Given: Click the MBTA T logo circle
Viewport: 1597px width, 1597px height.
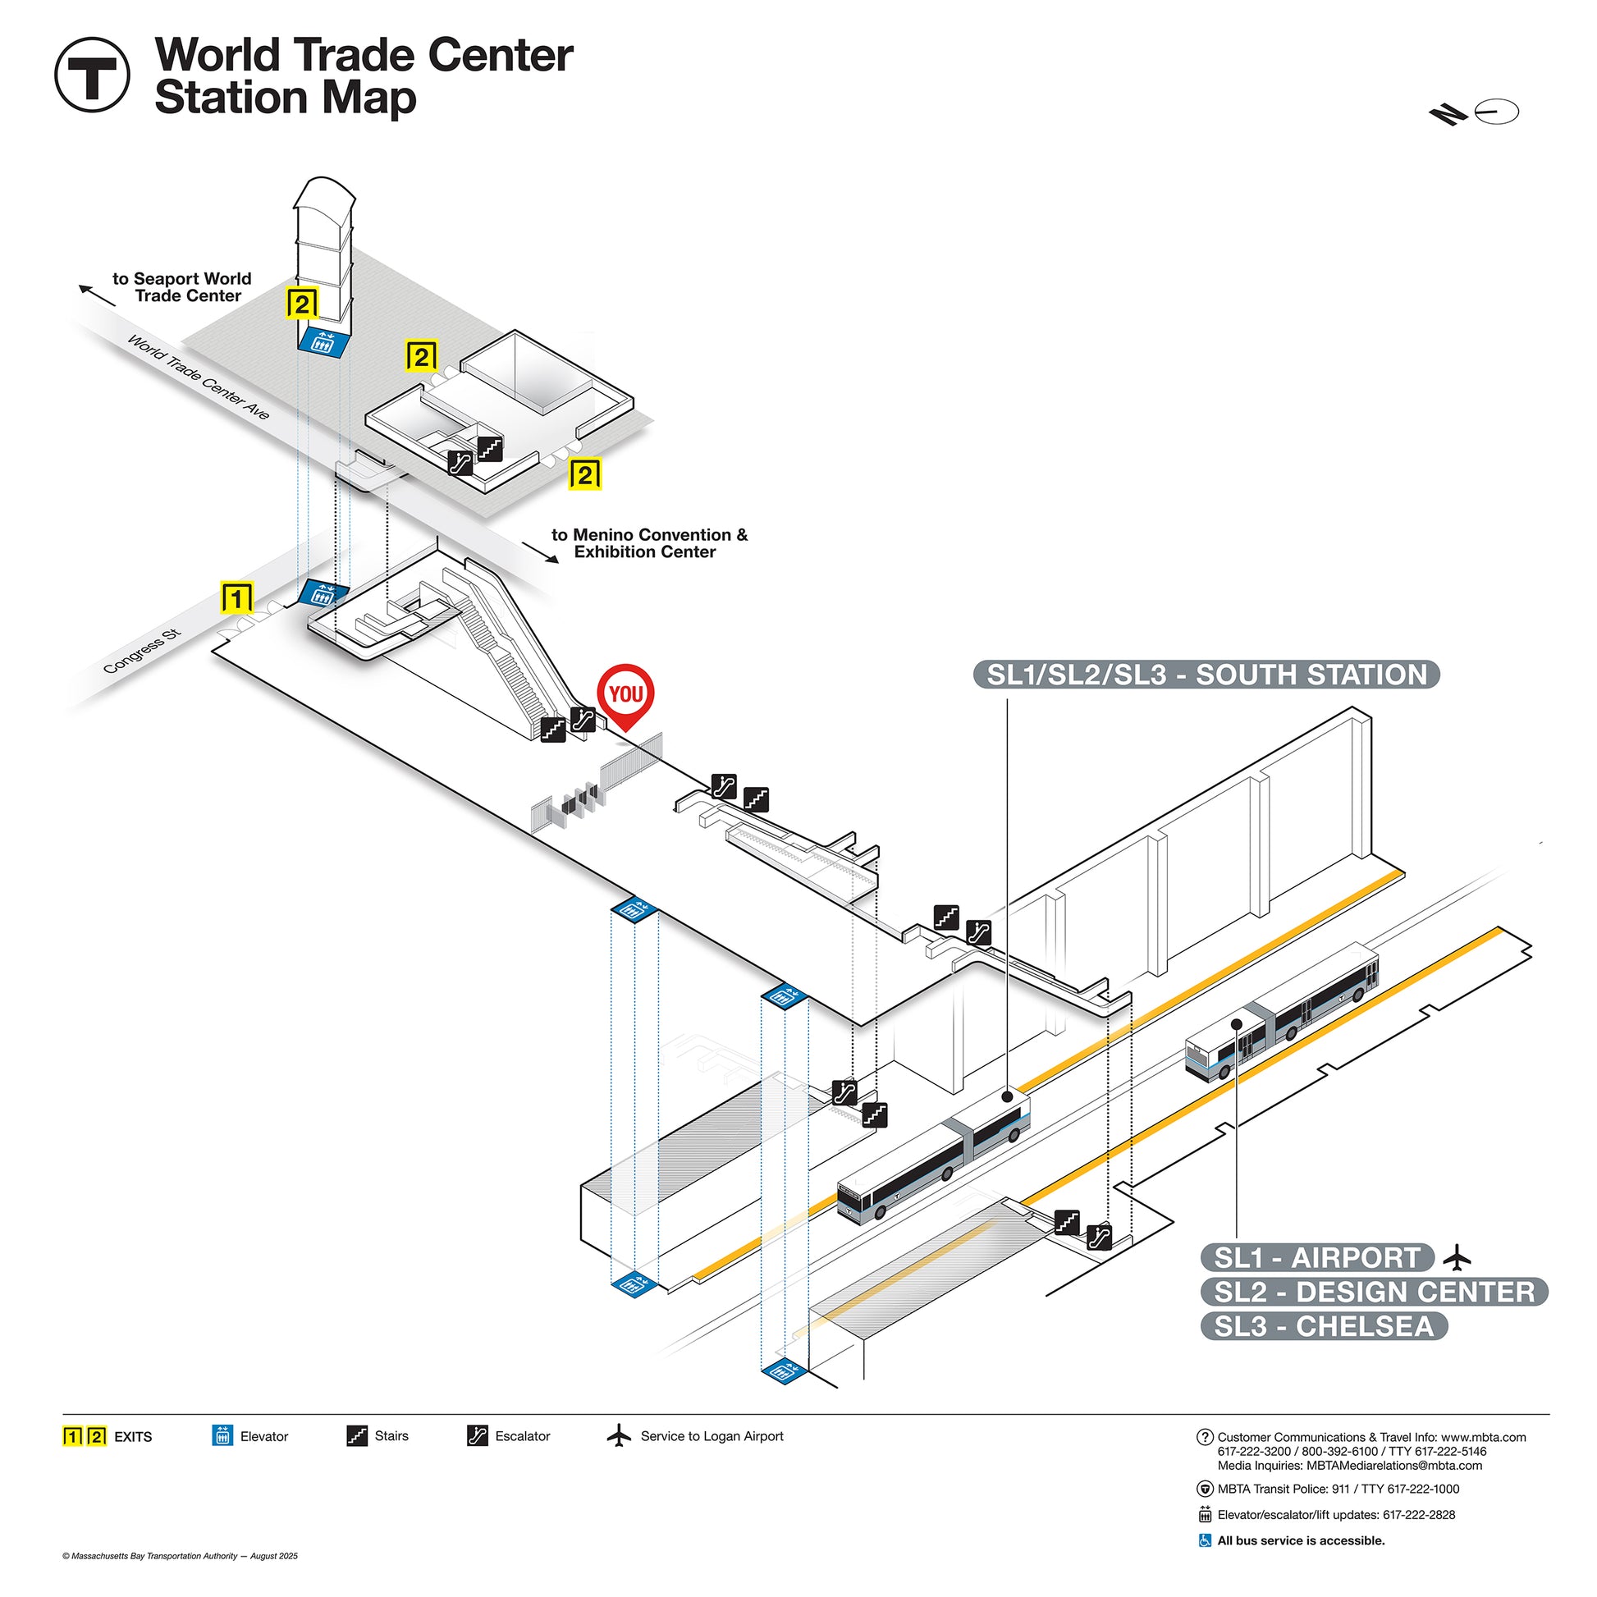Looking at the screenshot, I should point(92,75).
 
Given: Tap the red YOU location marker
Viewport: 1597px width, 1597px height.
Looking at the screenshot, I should point(625,694).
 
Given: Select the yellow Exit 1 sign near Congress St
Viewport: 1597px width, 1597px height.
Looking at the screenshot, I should point(236,597).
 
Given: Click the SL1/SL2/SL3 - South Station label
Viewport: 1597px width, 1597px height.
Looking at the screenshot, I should point(1206,675).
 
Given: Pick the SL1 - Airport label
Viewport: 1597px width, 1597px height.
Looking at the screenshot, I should point(1316,1257).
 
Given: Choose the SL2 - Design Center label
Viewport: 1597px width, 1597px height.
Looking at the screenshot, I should point(1373,1291).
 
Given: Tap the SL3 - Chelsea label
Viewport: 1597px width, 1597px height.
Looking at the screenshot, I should point(1323,1326).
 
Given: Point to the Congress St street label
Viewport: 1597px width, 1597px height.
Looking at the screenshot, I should point(141,652).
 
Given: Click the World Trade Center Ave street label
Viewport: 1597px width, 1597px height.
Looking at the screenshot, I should point(199,377).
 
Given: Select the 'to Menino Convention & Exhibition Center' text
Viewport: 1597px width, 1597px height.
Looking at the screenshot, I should point(649,543).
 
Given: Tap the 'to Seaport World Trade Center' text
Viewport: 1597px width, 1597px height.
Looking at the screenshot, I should point(182,287).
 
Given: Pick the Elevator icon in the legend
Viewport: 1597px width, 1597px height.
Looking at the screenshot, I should point(222,1436).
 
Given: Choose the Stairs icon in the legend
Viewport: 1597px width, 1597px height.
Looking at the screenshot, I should point(357,1436).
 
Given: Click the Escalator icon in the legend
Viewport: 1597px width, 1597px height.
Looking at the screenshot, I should point(478,1436).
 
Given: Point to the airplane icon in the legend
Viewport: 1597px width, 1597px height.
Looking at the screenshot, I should point(618,1436).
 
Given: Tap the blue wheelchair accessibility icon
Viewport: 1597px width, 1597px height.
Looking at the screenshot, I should point(1205,1540).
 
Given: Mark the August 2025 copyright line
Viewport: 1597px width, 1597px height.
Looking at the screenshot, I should point(180,1556).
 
